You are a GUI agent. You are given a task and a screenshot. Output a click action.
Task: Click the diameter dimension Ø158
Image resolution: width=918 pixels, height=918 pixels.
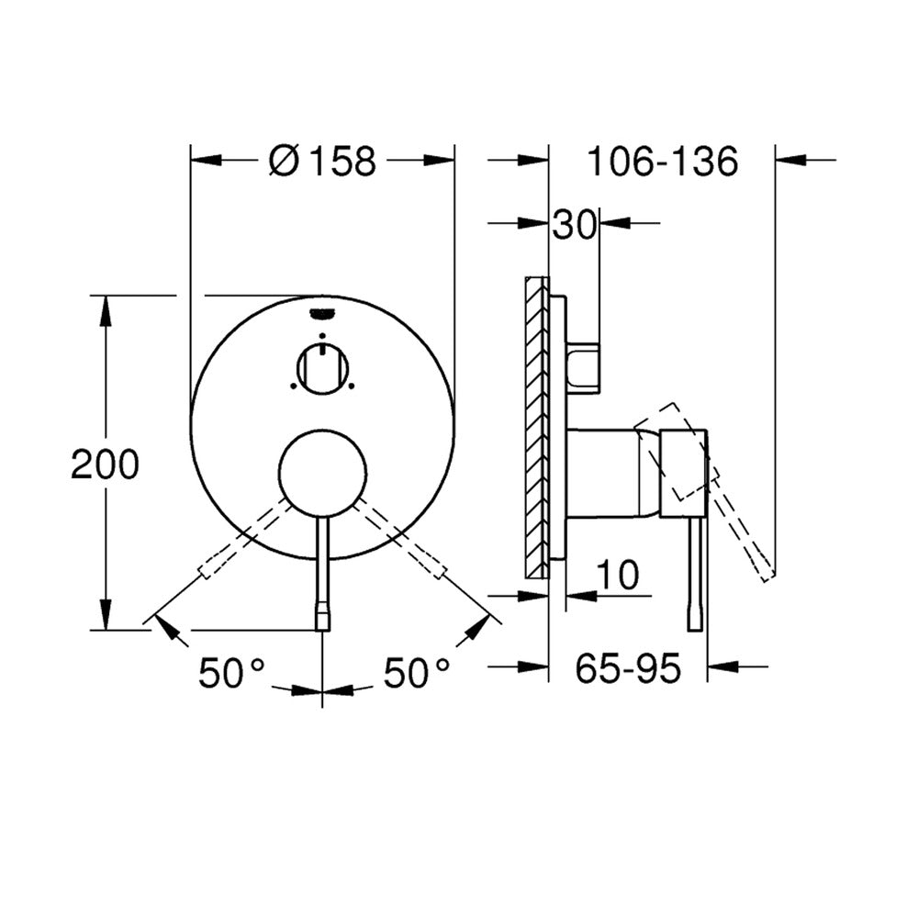point(322,161)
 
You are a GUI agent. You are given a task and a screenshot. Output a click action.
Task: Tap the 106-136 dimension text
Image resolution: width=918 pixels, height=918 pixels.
point(662,162)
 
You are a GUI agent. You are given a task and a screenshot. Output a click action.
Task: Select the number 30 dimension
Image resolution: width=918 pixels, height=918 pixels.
point(574,224)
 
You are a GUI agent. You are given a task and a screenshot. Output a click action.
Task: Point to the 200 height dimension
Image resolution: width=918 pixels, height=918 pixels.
point(106,465)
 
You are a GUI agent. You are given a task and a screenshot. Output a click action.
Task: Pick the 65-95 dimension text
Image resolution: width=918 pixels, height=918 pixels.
point(628,668)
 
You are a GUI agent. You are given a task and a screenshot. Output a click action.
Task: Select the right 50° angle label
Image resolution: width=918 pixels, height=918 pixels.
point(417,673)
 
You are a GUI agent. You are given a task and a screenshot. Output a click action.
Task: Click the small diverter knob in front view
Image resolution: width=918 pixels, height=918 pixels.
point(322,369)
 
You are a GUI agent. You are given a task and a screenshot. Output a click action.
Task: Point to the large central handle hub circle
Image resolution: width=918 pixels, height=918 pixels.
point(323,473)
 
